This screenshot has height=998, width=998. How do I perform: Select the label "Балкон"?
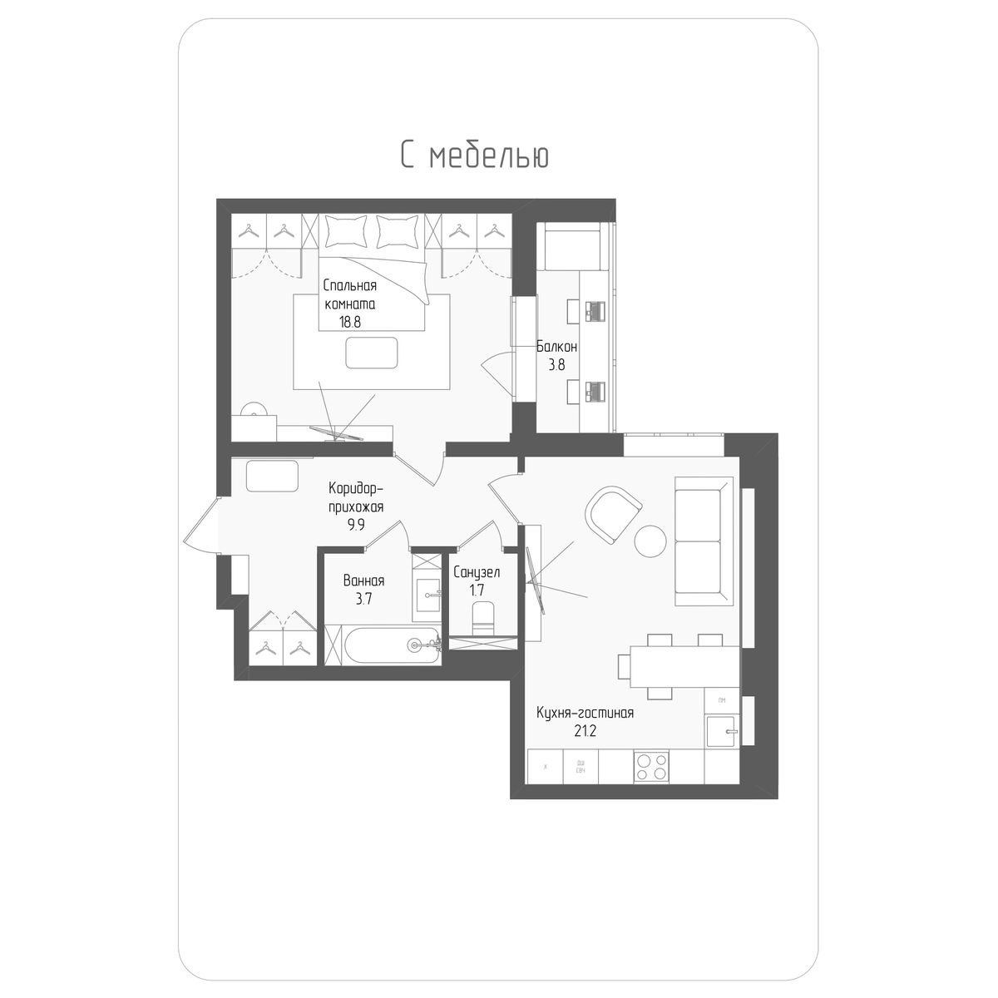pyautogui.click(x=556, y=346)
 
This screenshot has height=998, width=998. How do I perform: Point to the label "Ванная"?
pyautogui.click(x=363, y=581)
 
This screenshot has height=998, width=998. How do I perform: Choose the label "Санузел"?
pyautogui.click(x=477, y=572)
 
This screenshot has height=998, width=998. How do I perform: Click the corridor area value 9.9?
pyautogui.click(x=355, y=525)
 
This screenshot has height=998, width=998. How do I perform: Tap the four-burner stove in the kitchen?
pyautogui.click(x=651, y=766)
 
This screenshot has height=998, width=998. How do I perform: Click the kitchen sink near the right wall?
pyautogui.click(x=721, y=732)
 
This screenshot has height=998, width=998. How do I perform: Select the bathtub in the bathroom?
pyautogui.click(x=383, y=645)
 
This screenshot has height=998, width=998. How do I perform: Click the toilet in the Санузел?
pyautogui.click(x=482, y=617)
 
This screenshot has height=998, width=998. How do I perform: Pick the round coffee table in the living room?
pyautogui.click(x=650, y=541)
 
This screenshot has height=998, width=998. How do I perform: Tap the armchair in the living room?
pyautogui.click(x=613, y=512)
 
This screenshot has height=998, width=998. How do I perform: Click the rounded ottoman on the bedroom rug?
pyautogui.click(x=372, y=353)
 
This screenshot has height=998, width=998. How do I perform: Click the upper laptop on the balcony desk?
pyautogui.click(x=595, y=310)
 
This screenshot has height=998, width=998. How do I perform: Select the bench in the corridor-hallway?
pyautogui.click(x=272, y=477)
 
